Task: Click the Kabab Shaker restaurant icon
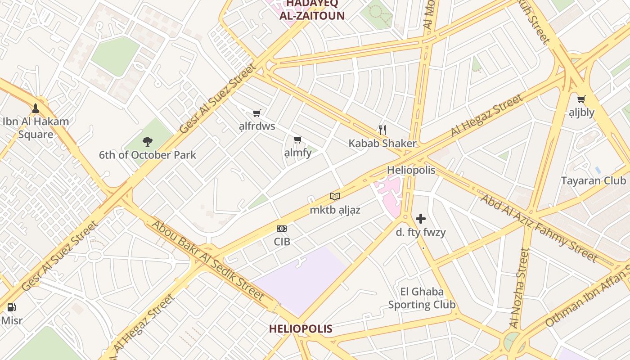point(382,130)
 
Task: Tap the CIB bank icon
point(282,229)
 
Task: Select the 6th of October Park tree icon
point(147,142)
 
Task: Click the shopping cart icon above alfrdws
point(257,113)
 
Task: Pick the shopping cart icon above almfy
point(297,139)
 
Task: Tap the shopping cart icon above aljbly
point(581,99)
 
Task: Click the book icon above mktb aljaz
point(335,196)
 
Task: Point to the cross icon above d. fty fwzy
point(421,219)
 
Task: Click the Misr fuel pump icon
point(12,308)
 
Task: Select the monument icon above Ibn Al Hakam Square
point(36,108)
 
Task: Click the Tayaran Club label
point(593,181)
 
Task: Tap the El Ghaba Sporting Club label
point(422,298)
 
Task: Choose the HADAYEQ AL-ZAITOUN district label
point(312,10)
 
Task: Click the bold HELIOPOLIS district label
point(301,328)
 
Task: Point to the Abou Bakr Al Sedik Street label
point(207,260)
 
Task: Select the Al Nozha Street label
point(518,288)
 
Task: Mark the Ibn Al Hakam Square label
point(36,128)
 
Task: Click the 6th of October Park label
point(148,155)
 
